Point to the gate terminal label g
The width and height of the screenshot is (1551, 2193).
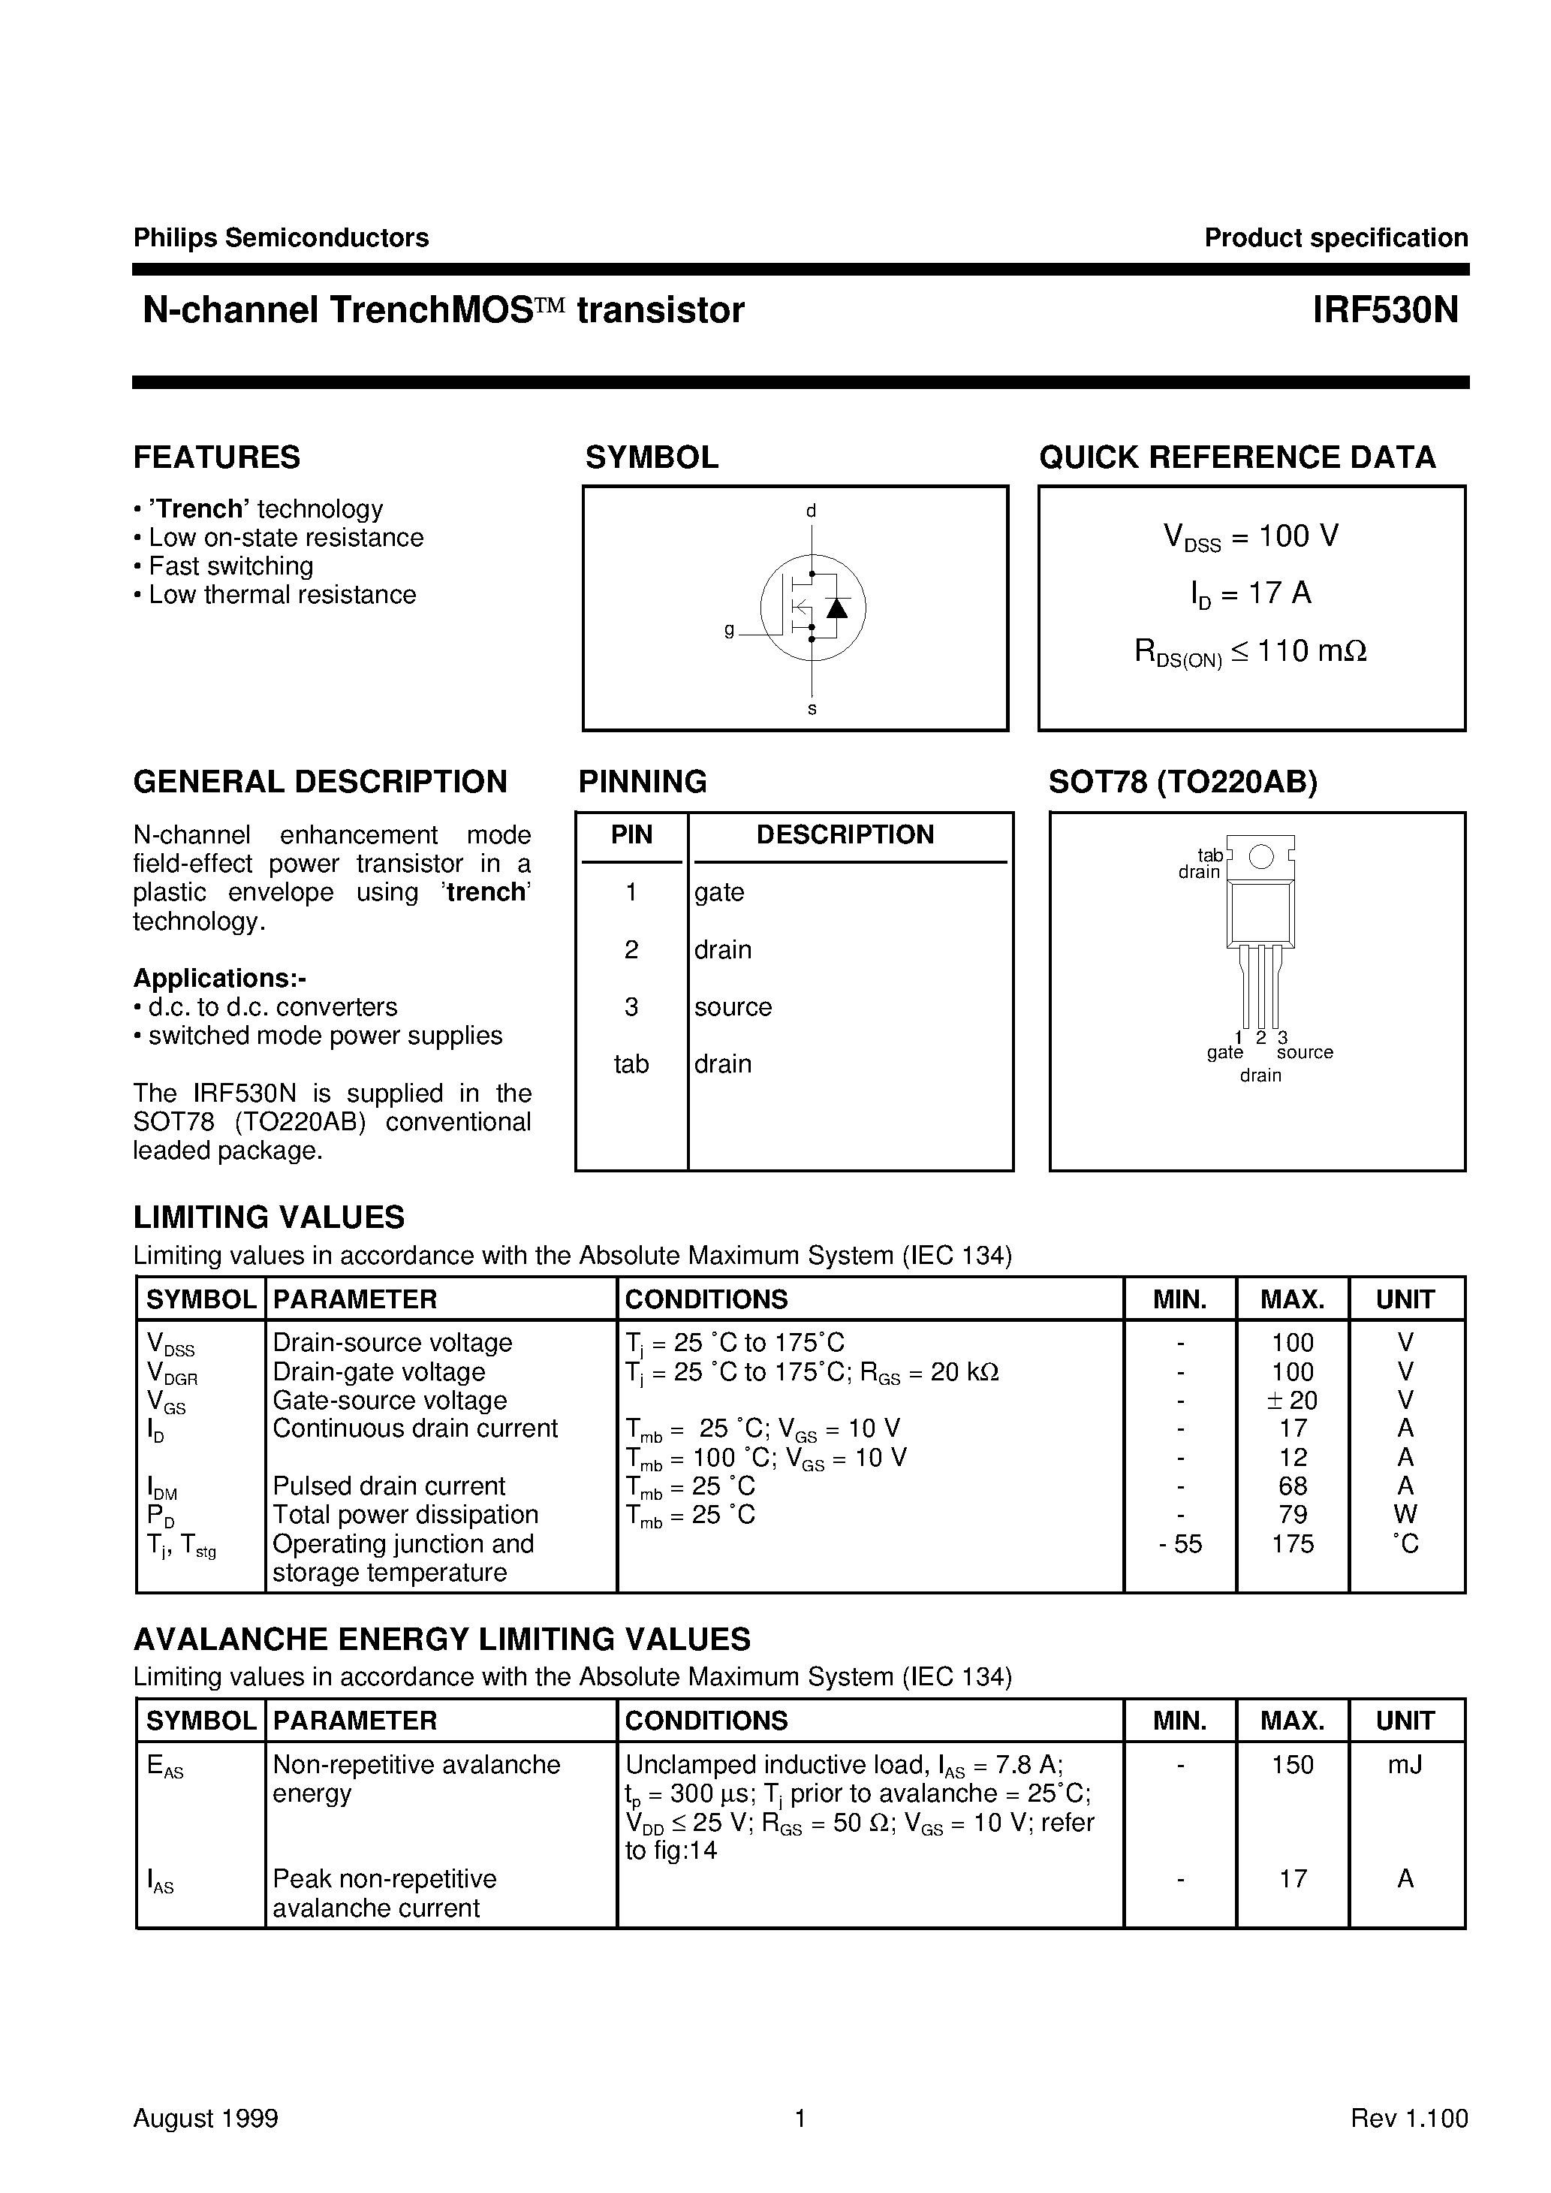click(730, 629)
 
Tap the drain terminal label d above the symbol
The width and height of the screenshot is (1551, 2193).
click(811, 511)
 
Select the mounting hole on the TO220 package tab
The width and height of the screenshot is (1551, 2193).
click(1260, 857)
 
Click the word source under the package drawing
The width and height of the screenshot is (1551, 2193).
click(1305, 1052)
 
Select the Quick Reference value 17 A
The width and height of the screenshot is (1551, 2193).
click(1251, 594)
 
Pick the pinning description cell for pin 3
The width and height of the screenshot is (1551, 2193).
click(733, 1006)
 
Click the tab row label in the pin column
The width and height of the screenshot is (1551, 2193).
click(631, 1064)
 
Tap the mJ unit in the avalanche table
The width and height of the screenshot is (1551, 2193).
click(1405, 1765)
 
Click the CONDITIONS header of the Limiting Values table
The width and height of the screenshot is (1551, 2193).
click(706, 1299)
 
